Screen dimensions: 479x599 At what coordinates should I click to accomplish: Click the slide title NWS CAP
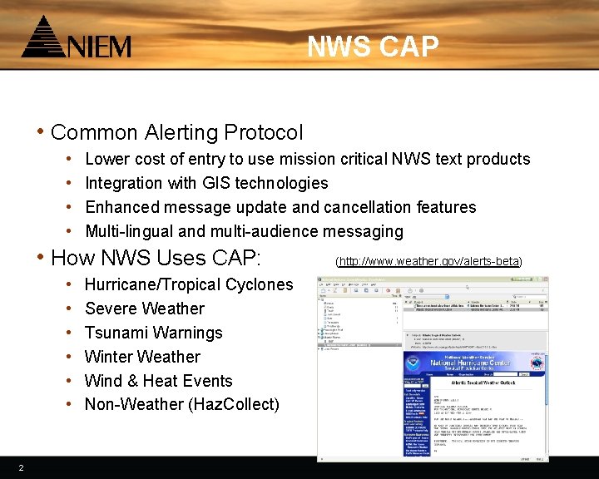point(372,47)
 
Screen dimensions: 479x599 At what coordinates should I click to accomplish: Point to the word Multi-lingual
point(129,231)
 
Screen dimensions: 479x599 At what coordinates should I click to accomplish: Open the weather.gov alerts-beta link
point(428,261)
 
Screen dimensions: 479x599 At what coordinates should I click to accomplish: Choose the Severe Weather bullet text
point(144,309)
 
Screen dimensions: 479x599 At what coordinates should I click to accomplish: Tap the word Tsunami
point(117,333)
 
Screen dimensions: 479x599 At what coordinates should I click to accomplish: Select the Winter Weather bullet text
point(142,357)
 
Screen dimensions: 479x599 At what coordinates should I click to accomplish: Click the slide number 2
point(21,468)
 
